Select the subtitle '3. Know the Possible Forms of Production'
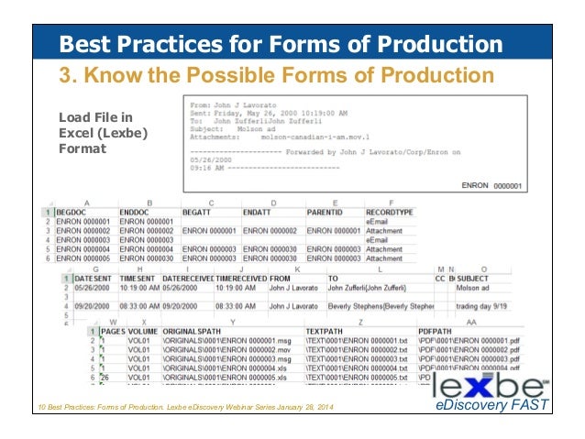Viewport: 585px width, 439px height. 276,74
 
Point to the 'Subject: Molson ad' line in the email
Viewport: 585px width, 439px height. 221,127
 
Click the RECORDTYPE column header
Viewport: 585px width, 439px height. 389,212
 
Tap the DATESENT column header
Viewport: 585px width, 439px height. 95,278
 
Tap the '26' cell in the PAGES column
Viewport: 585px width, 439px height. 106,378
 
